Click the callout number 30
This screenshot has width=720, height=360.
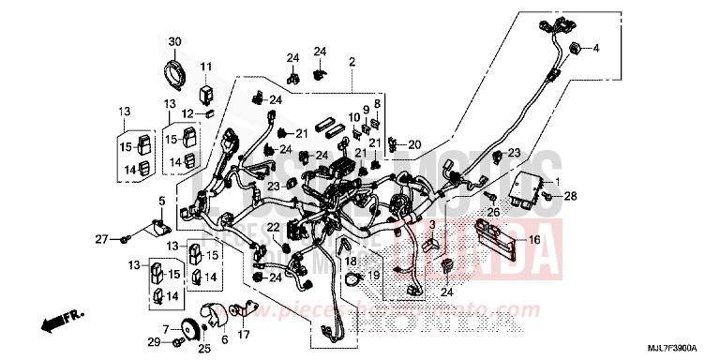click(173, 42)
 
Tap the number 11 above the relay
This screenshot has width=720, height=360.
click(205, 67)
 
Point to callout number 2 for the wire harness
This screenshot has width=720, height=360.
click(352, 63)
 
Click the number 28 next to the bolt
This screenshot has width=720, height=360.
click(570, 196)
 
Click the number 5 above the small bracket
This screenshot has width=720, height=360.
click(160, 201)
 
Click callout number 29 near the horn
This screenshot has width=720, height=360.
click(153, 340)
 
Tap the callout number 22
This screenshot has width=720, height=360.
click(271, 227)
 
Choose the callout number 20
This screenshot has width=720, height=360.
click(415, 144)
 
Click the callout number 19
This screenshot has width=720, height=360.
click(372, 275)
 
